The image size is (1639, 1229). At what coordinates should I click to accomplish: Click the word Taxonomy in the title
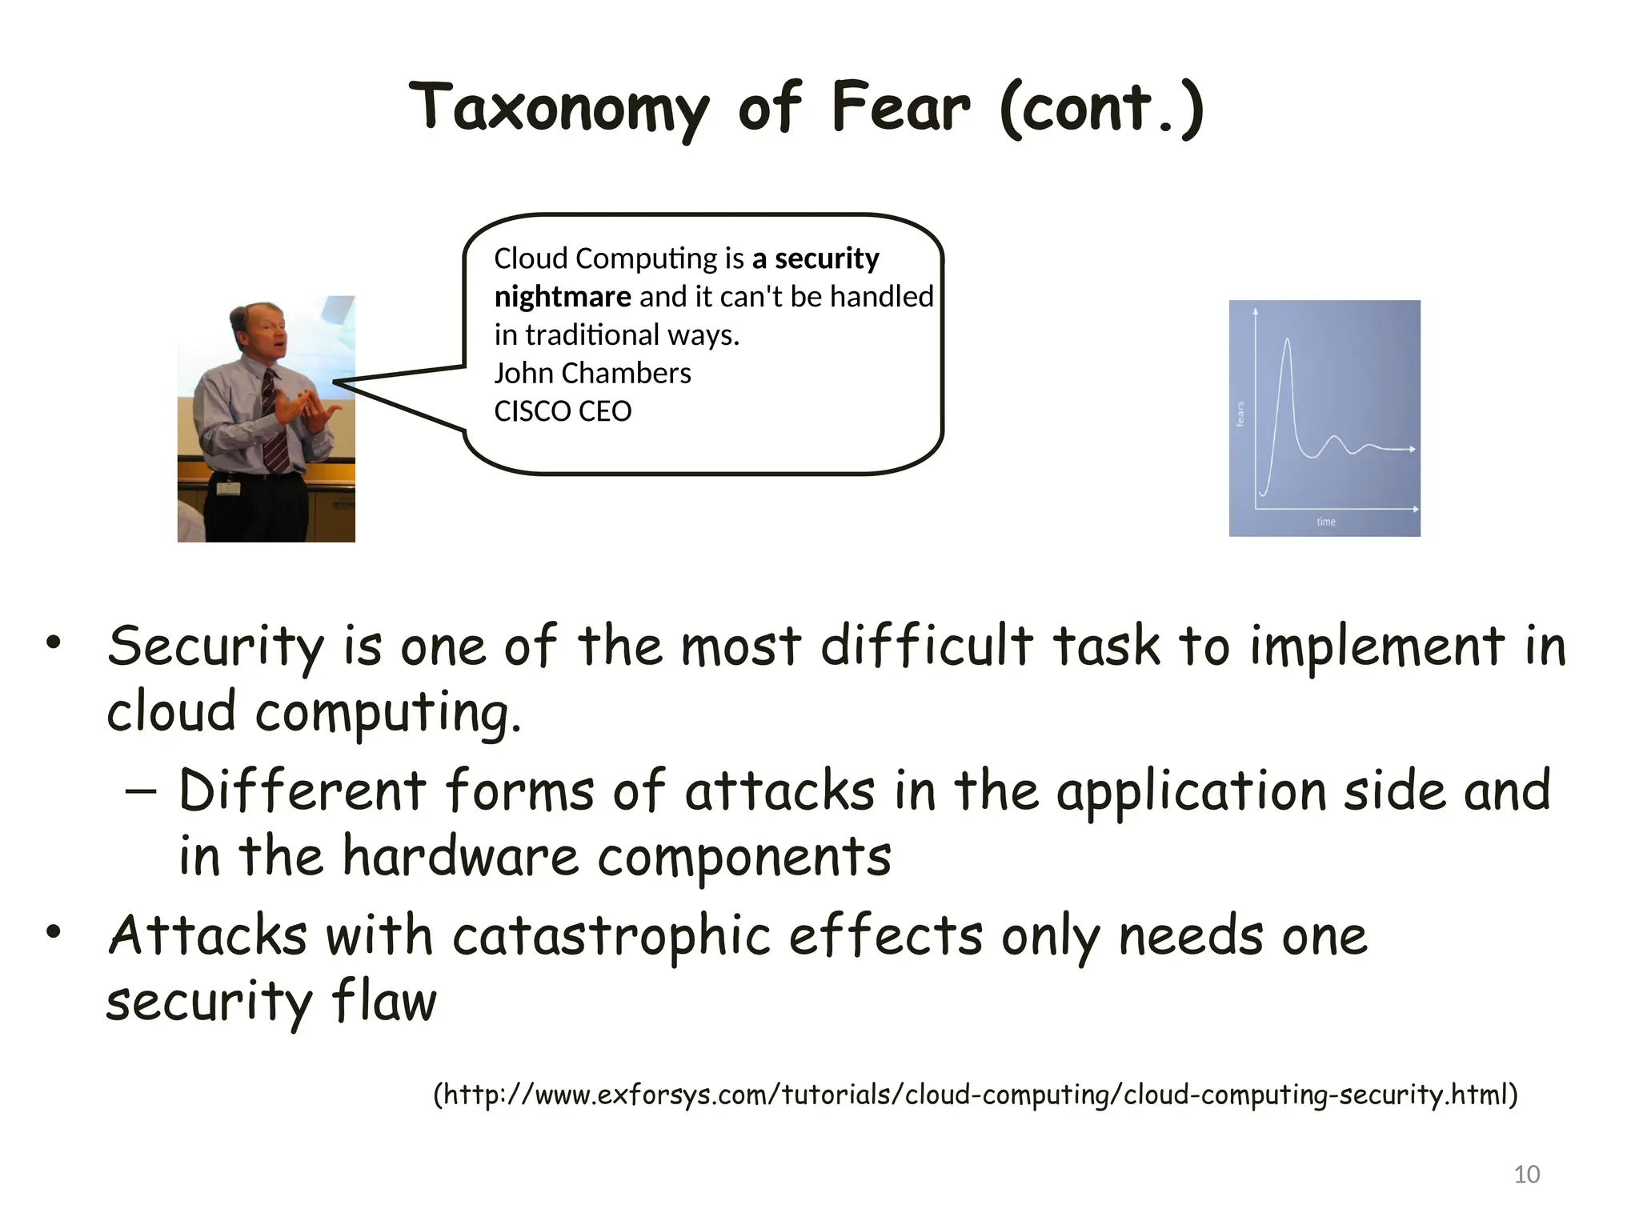click(559, 110)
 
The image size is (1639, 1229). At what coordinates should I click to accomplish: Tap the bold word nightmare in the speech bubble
click(563, 297)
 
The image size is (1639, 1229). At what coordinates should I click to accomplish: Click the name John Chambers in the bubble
click(592, 374)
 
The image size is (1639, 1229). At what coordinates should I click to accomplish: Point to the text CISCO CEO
click(563, 411)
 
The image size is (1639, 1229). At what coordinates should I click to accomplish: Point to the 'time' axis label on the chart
click(1326, 522)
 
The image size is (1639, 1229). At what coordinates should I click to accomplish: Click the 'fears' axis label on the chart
click(1240, 414)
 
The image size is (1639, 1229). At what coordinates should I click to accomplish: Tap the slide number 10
click(1526, 1175)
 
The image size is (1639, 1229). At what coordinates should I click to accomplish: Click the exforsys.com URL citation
click(975, 1094)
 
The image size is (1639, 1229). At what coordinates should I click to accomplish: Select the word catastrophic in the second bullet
click(611, 935)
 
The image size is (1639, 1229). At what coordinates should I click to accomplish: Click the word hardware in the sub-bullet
click(460, 856)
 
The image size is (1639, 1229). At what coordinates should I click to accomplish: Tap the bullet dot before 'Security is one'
click(54, 643)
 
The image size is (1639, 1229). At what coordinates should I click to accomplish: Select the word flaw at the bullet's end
click(384, 1001)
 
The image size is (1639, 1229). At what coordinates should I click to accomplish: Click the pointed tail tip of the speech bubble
click(335, 382)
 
